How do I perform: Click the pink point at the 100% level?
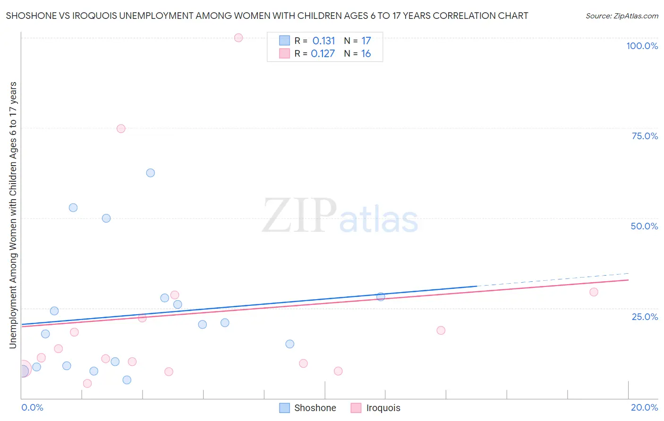[238, 38]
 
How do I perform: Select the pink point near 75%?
[121, 129]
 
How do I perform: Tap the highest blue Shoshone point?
[151, 173]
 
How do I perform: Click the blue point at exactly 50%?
[106, 219]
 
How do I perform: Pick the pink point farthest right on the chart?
[594, 292]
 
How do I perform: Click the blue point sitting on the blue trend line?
[381, 297]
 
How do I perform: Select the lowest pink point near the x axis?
[87, 383]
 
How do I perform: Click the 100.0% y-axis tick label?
[642, 46]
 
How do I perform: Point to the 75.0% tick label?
[645, 136]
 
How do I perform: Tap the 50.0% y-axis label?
[644, 226]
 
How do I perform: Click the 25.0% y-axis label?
[645, 317]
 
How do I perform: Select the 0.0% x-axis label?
[32, 407]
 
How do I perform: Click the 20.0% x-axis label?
[644, 407]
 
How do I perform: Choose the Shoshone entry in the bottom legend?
[315, 408]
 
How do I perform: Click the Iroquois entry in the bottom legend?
[383, 408]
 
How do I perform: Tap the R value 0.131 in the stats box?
[323, 41]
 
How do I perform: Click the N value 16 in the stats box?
[366, 53]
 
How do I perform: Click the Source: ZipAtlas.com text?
[621, 16]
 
